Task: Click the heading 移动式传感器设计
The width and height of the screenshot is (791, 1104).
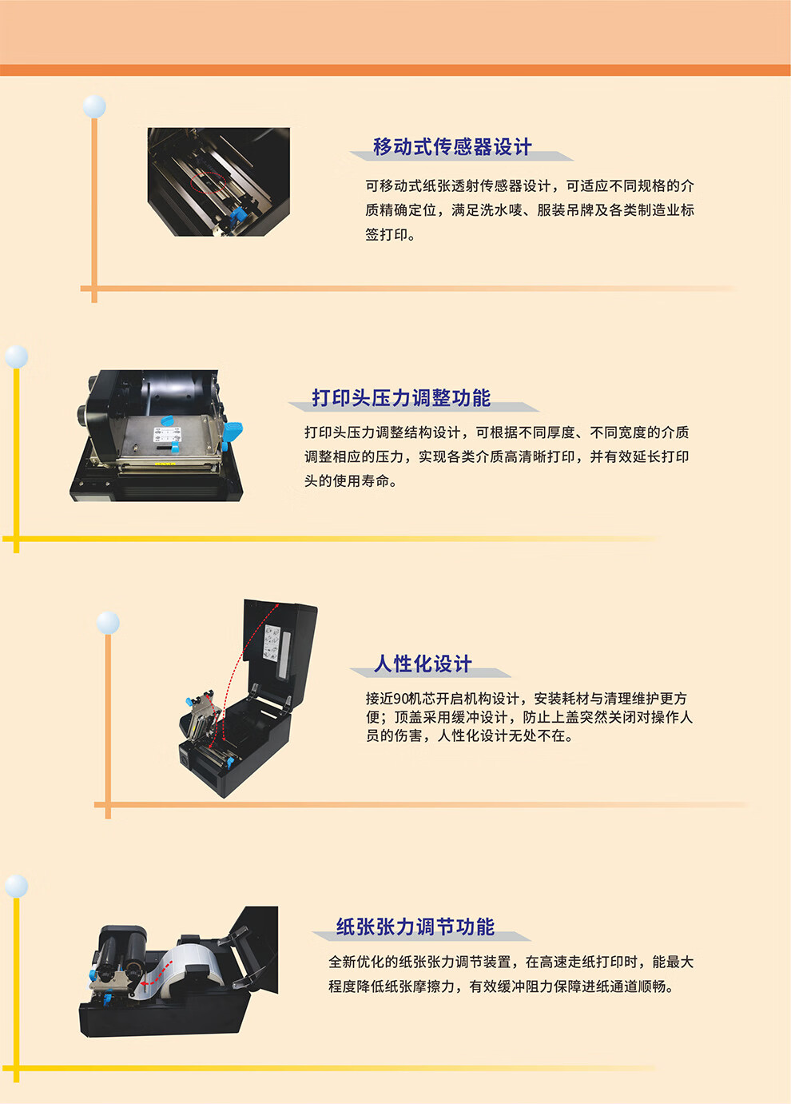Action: click(452, 147)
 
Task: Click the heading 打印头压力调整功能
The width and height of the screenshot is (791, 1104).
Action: click(401, 398)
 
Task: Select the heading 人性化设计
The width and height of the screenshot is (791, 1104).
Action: click(423, 664)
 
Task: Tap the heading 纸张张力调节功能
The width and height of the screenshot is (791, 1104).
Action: click(415, 927)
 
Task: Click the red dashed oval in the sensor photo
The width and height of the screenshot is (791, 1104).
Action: click(209, 182)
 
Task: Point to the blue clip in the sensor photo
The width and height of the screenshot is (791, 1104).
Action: click(238, 214)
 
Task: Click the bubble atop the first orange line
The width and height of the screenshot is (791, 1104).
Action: click(94, 106)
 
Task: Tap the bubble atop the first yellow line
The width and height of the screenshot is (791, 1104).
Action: click(16, 357)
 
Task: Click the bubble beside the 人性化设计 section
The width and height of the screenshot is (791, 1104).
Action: click(108, 623)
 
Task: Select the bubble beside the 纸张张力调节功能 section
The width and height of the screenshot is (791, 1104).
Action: click(16, 886)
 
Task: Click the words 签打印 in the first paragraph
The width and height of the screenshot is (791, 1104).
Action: click(387, 234)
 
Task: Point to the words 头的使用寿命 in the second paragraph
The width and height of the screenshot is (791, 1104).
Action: click(346, 481)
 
